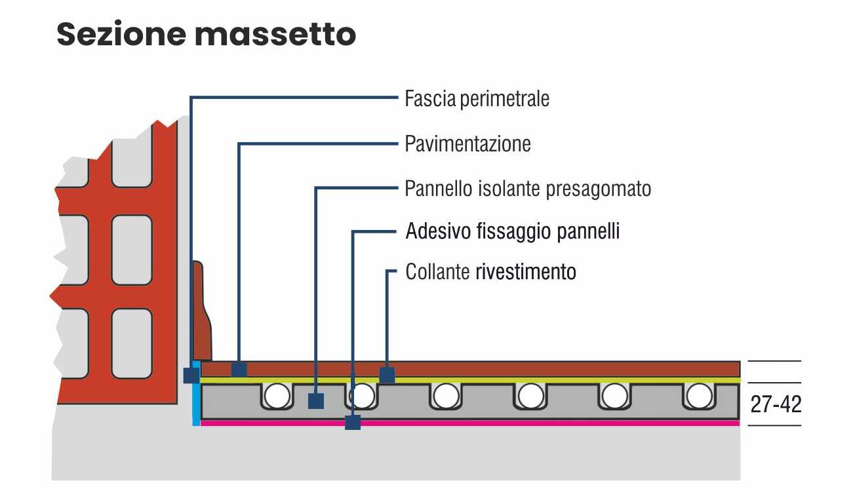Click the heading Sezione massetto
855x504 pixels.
coord(206,34)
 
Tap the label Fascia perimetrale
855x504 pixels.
coord(477,99)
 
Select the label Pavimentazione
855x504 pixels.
coord(467,144)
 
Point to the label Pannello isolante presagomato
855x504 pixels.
coord(528,189)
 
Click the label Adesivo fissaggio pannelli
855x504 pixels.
coord(512,231)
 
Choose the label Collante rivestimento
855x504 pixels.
coord(490,271)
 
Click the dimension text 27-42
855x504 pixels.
coord(776,404)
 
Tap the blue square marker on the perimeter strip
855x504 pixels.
coord(191,375)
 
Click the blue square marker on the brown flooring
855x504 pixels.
coord(239,370)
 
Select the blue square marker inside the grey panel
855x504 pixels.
coord(316,400)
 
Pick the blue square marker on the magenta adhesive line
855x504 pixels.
coord(353,422)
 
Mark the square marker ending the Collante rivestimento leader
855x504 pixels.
coord(388,375)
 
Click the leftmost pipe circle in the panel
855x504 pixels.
coord(277,396)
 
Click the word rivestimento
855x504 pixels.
coord(525,271)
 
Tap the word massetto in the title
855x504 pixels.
coord(275,34)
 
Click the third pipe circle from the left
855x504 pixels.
coord(446,396)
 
